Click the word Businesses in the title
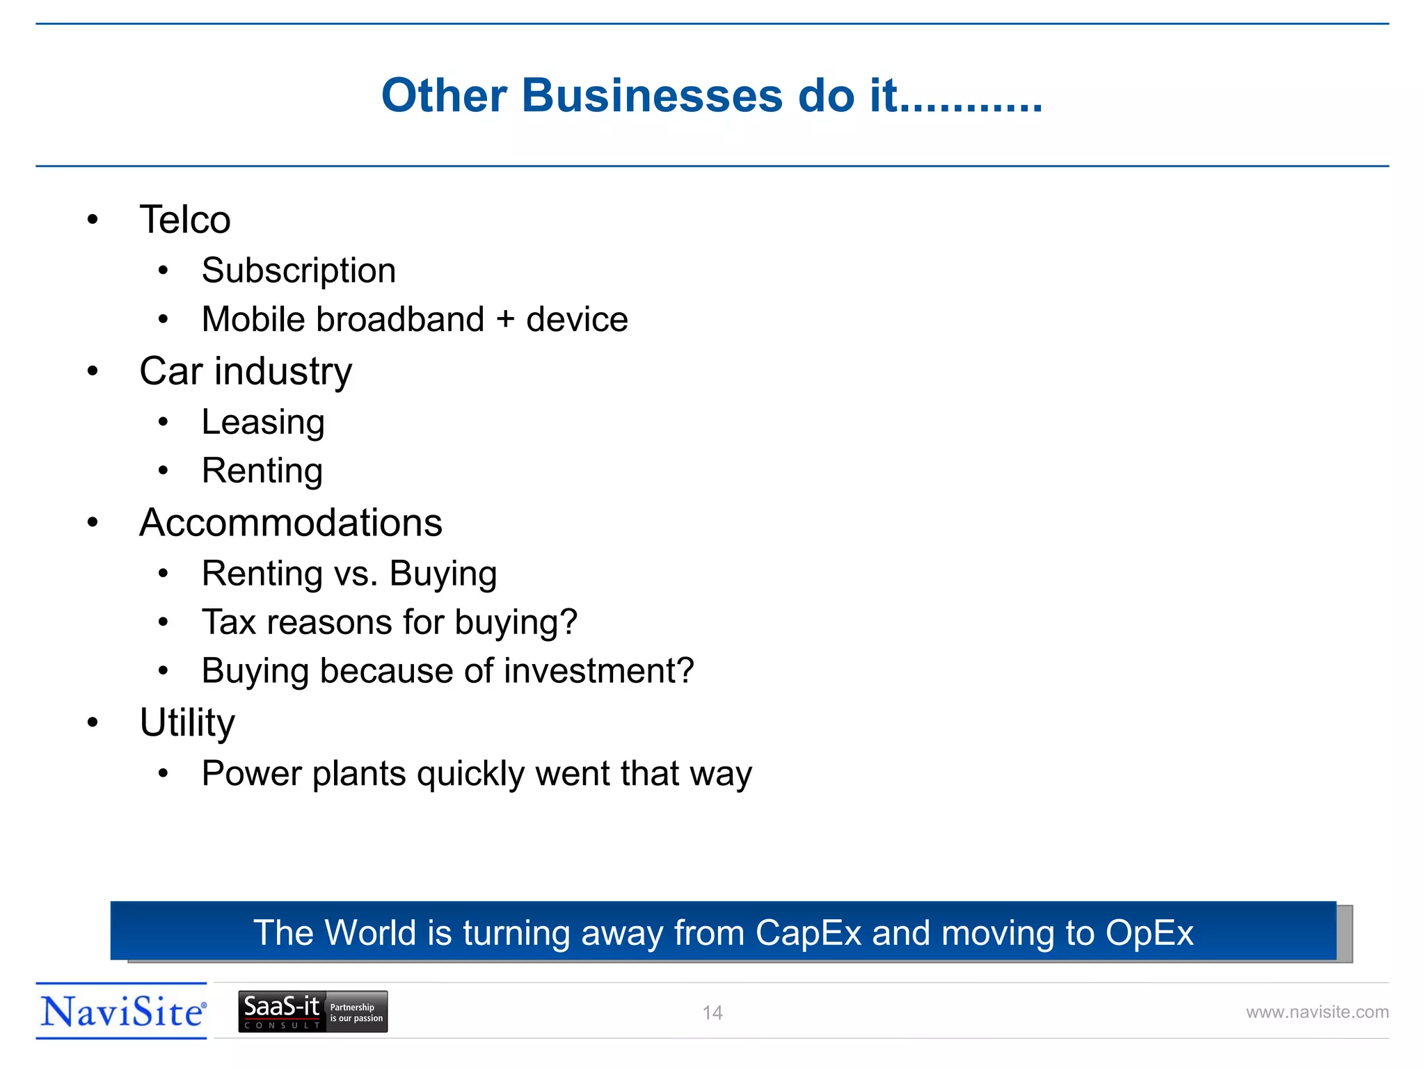click(652, 95)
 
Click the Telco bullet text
click(184, 220)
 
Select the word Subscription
click(298, 270)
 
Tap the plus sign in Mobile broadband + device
click(506, 320)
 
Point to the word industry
click(283, 371)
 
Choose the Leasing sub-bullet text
click(263, 422)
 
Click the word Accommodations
click(291, 523)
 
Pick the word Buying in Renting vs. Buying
click(443, 574)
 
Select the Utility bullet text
click(187, 723)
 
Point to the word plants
click(359, 773)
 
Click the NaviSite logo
click(122, 1012)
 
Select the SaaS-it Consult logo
click(312, 1012)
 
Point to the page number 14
click(712, 1013)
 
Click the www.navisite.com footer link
click(1316, 1012)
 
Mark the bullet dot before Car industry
click(93, 371)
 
